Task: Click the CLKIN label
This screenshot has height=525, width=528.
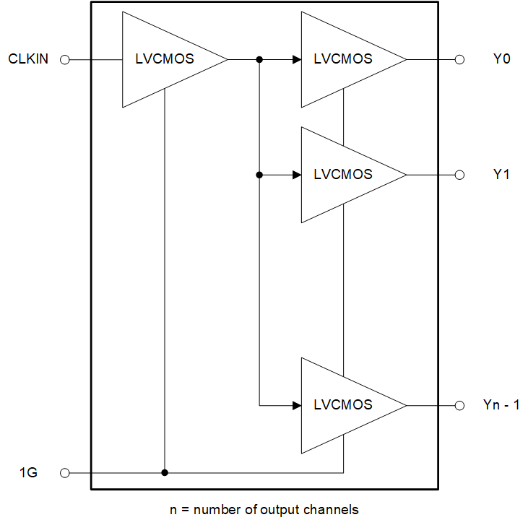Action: [28, 59]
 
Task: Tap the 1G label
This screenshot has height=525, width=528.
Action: [28, 473]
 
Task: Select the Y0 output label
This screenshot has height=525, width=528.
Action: [501, 59]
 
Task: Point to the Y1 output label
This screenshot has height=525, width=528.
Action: [501, 174]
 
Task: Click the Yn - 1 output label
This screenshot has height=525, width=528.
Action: [501, 405]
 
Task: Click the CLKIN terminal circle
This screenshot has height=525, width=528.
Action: [64, 60]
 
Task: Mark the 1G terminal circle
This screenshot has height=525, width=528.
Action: [64, 473]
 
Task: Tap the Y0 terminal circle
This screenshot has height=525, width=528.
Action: [459, 60]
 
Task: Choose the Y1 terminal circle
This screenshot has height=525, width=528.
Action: [459, 175]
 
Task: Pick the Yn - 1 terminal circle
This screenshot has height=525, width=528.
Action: [459, 405]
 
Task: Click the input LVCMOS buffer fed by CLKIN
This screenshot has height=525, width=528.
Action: [165, 60]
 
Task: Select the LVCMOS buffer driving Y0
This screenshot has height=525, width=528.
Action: [344, 60]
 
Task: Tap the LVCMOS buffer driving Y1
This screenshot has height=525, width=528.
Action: [344, 175]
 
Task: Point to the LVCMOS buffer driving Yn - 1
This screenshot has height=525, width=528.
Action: [344, 405]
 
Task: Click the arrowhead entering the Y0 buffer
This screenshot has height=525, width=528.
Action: [297, 60]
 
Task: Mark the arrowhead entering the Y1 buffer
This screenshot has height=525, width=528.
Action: [297, 175]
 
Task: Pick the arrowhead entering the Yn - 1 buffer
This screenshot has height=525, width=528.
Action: [297, 405]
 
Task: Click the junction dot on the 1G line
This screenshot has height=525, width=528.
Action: [165, 473]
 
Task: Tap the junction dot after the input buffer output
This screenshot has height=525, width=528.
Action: [259, 60]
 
